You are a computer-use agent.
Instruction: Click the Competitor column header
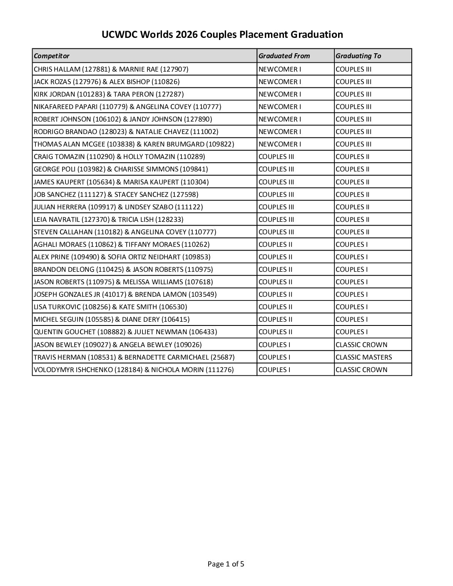[x=52, y=56]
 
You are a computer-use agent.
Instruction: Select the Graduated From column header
[x=284, y=56]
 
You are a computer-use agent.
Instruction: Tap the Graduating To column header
[x=358, y=56]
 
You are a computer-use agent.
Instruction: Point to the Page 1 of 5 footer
[x=226, y=564]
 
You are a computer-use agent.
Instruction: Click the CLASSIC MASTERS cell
[x=363, y=357]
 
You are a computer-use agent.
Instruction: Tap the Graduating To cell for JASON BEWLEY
[x=361, y=345]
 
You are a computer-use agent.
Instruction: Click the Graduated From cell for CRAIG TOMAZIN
[x=276, y=156]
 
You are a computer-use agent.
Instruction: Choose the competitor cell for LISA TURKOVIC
[x=110, y=307]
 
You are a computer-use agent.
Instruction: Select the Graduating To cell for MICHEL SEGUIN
[x=351, y=319]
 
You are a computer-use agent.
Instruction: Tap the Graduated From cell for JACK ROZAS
[x=280, y=82]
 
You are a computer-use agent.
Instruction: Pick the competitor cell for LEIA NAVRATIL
[x=108, y=219]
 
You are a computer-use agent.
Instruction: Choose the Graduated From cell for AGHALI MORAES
[x=275, y=244]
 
